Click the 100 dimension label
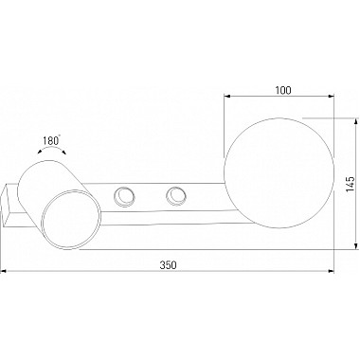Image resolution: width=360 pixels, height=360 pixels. [x=283, y=90]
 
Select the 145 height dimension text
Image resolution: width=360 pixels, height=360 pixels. [x=350, y=184]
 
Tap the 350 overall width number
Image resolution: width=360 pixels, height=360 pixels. [x=168, y=265]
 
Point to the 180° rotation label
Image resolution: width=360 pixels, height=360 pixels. [x=51, y=140]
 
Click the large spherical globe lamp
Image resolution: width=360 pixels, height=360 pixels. [x=279, y=172]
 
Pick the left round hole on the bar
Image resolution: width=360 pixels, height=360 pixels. [x=123, y=196]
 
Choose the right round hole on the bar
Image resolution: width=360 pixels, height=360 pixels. [x=176, y=196]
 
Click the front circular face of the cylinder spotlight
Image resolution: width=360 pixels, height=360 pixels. [x=71, y=220]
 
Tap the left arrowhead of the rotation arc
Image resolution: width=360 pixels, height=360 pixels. [x=40, y=152]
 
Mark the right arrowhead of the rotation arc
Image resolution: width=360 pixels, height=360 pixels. [x=63, y=153]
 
